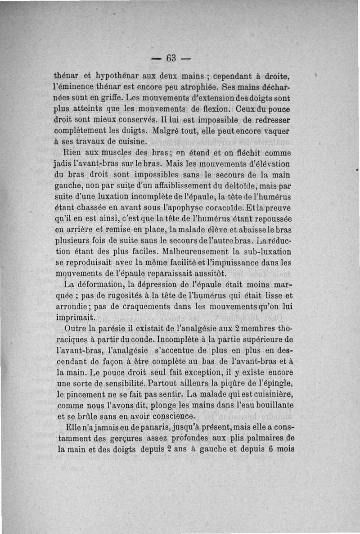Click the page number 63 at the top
click(x=171, y=58)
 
